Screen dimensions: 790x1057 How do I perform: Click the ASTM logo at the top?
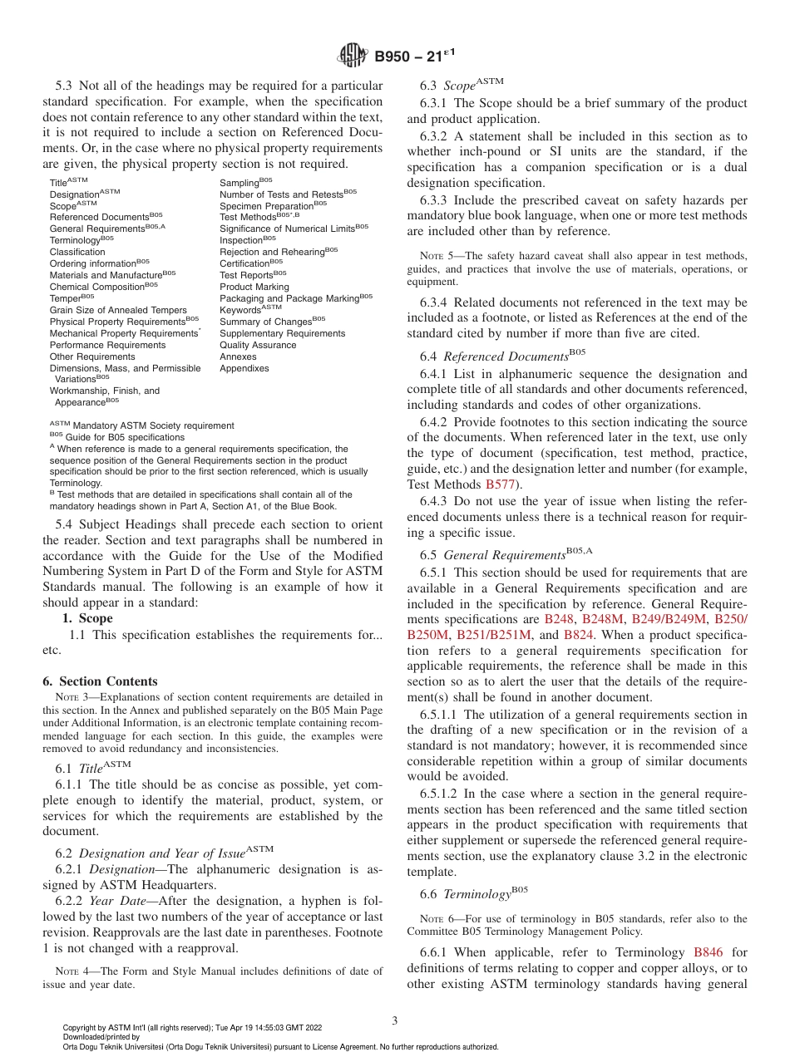coord(353,57)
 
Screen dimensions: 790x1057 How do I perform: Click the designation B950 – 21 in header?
coord(408,57)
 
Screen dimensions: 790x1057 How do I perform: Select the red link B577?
coord(501,484)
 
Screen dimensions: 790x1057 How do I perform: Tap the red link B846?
coord(709,953)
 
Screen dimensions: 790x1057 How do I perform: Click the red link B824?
coord(578,635)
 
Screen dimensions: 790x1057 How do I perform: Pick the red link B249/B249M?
coord(669,620)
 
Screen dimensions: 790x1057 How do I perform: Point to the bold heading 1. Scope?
coord(87,618)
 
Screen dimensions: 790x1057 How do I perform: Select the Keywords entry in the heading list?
coord(239,310)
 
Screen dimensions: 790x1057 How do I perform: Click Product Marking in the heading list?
coord(254,287)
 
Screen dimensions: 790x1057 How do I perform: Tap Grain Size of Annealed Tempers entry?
coord(118,310)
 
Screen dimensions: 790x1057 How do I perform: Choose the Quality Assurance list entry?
coord(258,345)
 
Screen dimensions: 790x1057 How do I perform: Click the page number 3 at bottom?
coord(395,1020)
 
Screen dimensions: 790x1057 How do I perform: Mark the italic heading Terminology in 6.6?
coord(476,895)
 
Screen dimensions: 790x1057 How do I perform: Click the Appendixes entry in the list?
coord(244,368)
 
